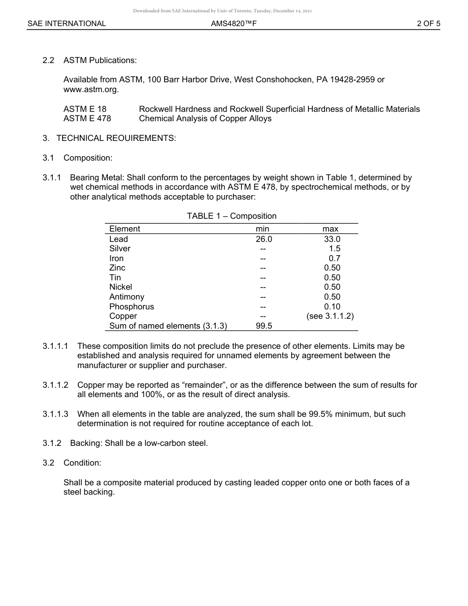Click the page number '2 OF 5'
tap(428, 23)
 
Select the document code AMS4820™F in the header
tap(234, 23)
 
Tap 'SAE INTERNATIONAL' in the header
tap(67, 23)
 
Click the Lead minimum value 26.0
tap(264, 239)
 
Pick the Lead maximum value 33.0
tap(332, 239)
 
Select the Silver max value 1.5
tap(334, 249)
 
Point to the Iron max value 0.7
tap(334, 258)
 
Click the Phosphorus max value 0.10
tap(332, 306)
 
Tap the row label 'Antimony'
tap(127, 297)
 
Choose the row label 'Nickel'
tap(121, 287)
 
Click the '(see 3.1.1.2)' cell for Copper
tap(330, 316)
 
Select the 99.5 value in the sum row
tap(264, 326)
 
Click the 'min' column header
tap(262, 229)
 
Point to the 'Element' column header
tap(125, 229)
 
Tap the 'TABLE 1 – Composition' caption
tap(232, 216)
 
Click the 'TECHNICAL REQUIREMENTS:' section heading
tap(116, 138)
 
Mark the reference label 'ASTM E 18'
tap(85, 109)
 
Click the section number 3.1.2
tap(52, 443)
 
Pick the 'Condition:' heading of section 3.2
tap(82, 463)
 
